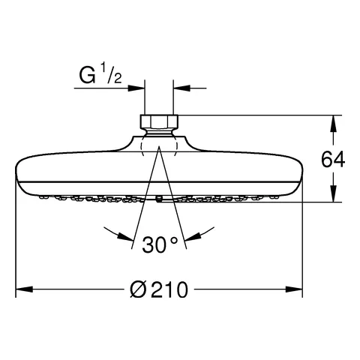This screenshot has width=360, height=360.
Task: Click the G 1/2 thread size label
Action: (x=100, y=73)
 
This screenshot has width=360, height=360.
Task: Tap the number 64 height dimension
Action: (x=333, y=160)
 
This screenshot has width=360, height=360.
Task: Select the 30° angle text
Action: (x=160, y=244)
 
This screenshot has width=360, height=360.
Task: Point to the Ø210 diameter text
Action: (x=159, y=289)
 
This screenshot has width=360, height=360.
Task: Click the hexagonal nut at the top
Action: (x=159, y=121)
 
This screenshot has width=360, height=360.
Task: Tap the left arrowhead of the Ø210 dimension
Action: (x=25, y=289)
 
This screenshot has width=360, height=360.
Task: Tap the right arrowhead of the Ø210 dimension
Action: (x=294, y=289)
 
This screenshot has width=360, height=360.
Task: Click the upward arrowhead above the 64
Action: (x=333, y=124)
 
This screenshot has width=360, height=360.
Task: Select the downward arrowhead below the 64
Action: (x=333, y=193)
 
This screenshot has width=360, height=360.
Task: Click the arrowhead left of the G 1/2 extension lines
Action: (x=136, y=88)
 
